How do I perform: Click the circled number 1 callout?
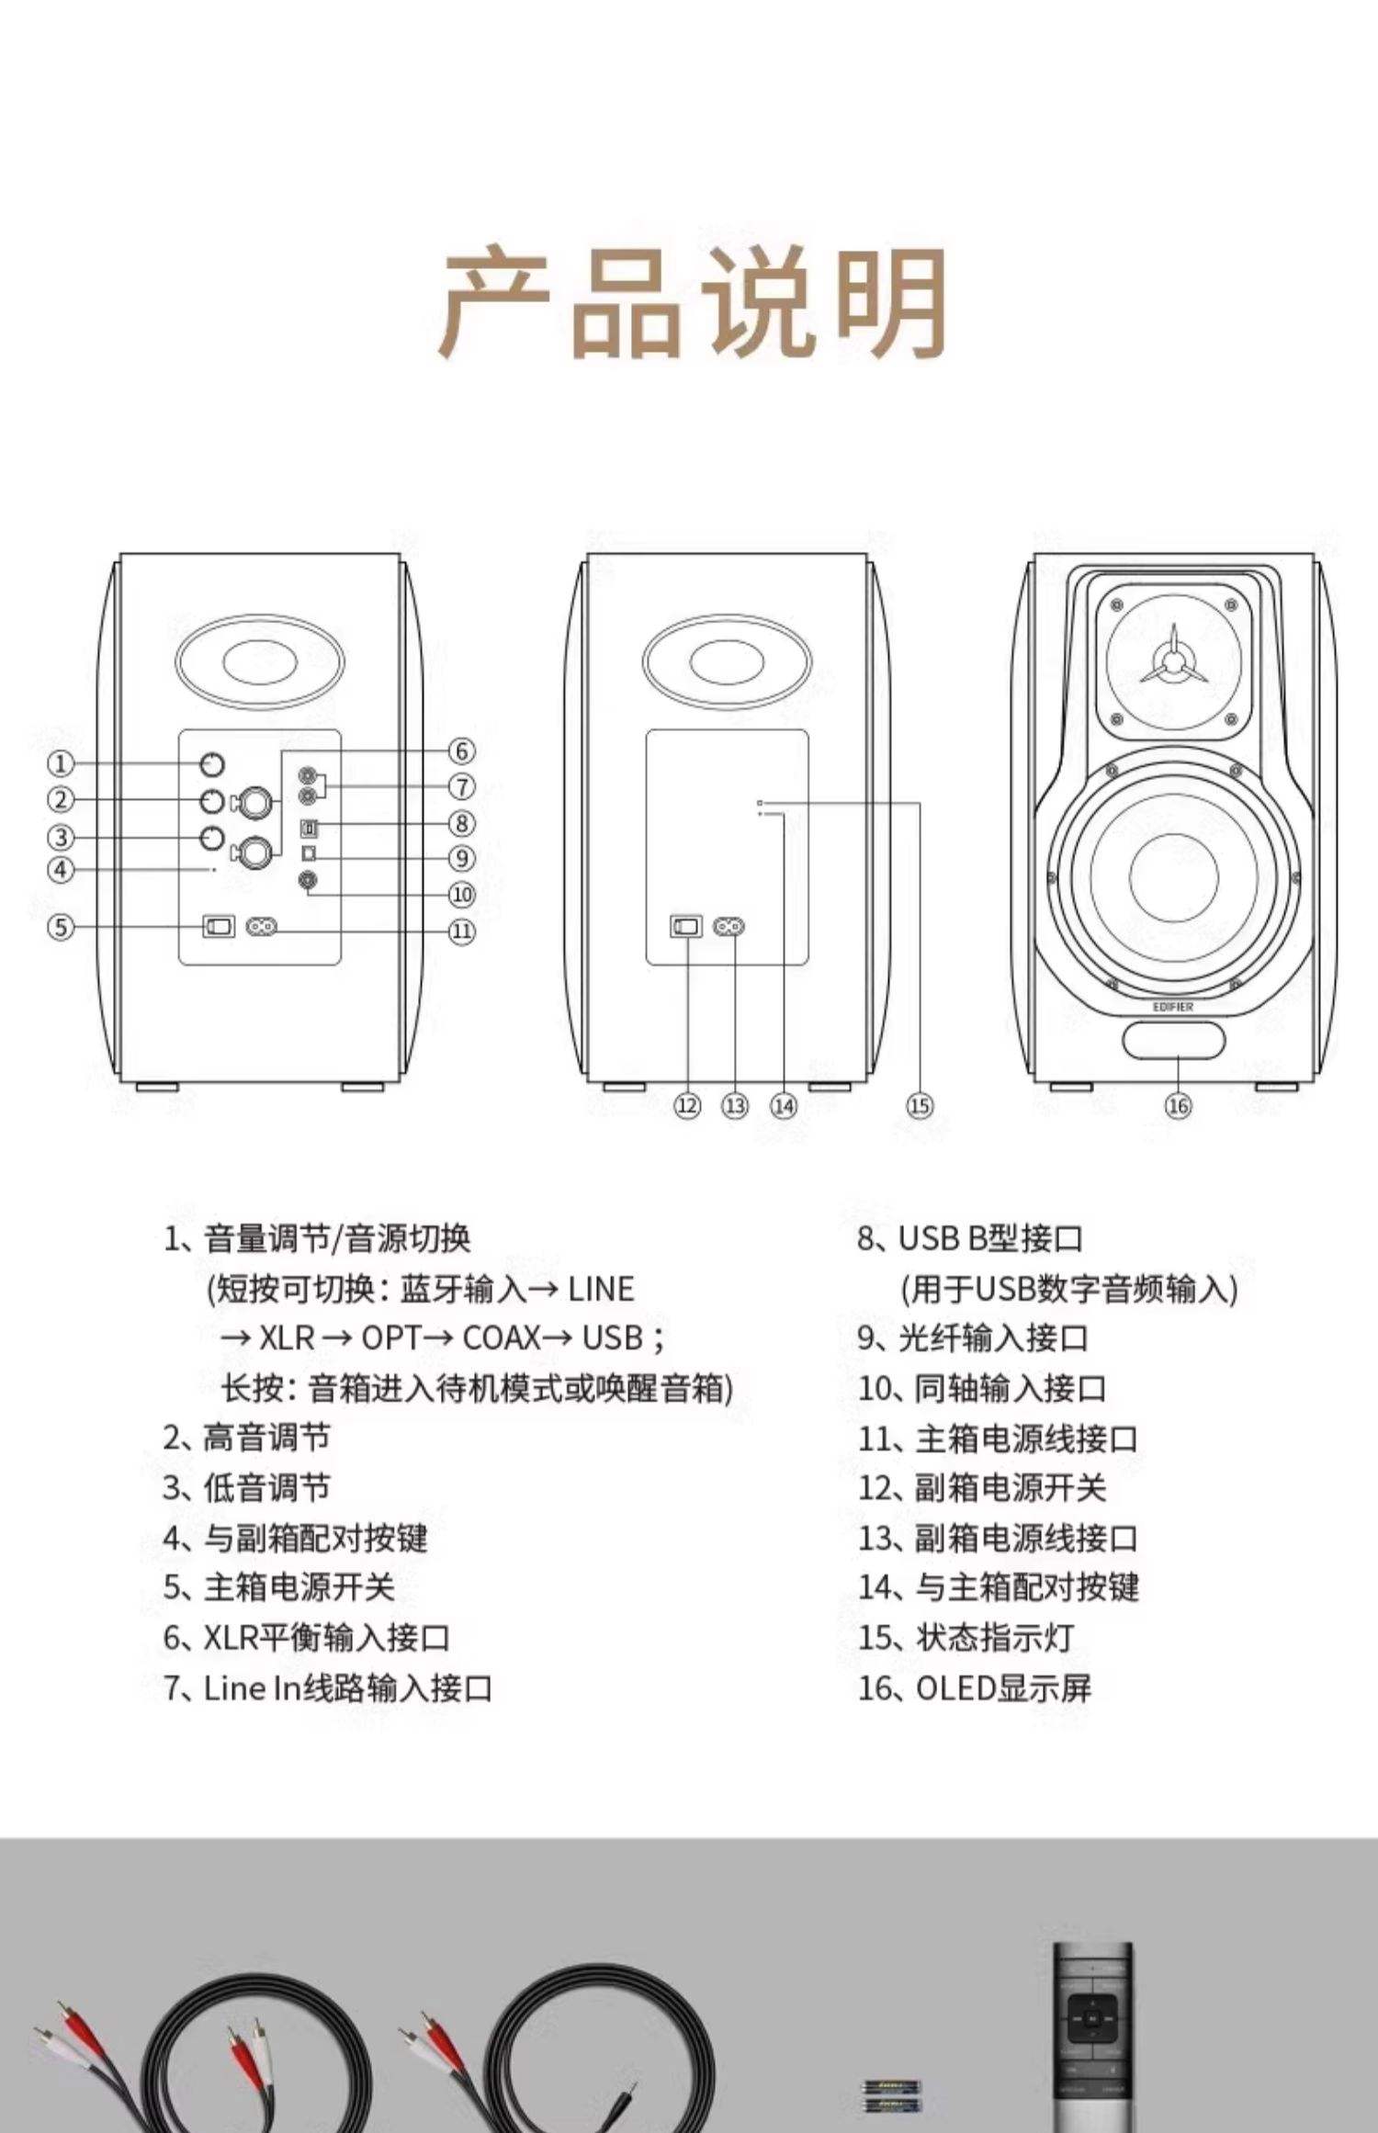click(x=61, y=763)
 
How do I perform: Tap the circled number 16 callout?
click(x=1178, y=1106)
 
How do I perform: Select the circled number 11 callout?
click(x=461, y=931)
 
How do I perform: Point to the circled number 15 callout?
click(x=920, y=1106)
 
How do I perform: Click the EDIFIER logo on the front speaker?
click(x=1173, y=1008)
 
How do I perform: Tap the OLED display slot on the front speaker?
click(x=1173, y=1042)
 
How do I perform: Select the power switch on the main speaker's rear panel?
click(x=219, y=927)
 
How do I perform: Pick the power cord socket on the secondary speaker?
click(x=729, y=927)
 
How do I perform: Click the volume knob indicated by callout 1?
click(x=213, y=764)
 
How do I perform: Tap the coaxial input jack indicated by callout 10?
click(x=309, y=881)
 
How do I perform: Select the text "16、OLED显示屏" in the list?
click(x=975, y=1688)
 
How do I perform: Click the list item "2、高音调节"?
click(x=246, y=1439)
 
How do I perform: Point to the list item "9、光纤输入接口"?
click(x=973, y=1338)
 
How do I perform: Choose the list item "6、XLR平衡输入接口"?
click(x=306, y=1638)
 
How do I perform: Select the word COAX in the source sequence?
click(x=501, y=1338)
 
